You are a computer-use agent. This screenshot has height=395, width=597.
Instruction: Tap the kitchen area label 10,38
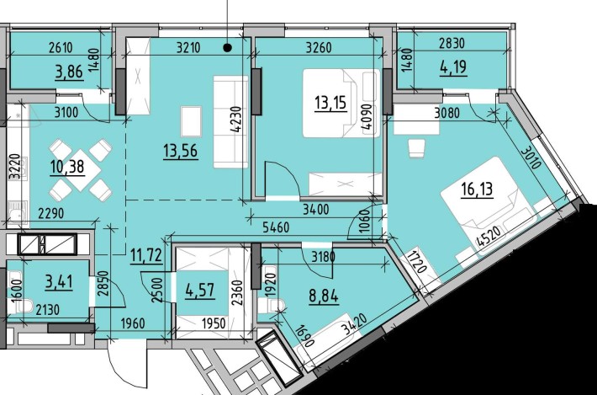pyautogui.click(x=67, y=166)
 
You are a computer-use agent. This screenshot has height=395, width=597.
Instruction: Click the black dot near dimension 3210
pyautogui.click(x=228, y=48)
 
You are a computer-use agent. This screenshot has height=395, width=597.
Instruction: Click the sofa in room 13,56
pyautogui.click(x=226, y=122)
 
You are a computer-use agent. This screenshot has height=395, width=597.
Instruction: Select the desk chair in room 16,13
pyautogui.click(x=416, y=148)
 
